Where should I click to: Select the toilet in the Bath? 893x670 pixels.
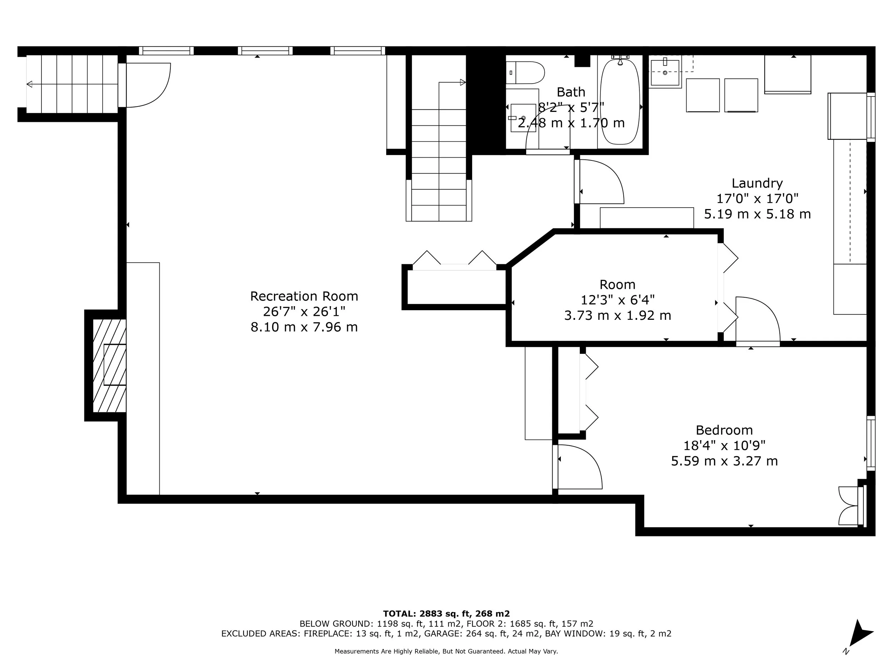pos(525,73)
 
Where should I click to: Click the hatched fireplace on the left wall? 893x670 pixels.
pos(109,366)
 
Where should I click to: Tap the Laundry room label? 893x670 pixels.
pos(757,183)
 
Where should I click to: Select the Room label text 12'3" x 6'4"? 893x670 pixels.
pos(617,300)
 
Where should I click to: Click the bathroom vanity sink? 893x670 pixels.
pos(523,118)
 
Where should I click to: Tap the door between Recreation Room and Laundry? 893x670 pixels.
pos(599,182)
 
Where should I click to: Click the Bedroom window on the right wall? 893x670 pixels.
pos(871,443)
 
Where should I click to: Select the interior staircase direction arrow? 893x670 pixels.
pos(463,83)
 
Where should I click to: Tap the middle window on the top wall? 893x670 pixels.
pos(265,51)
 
